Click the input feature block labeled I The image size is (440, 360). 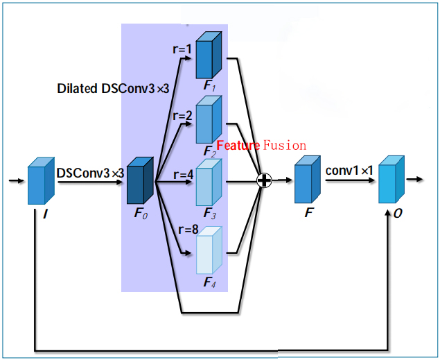pos(40,182)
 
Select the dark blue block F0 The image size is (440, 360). pos(139,181)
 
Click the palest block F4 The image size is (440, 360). pos(208,252)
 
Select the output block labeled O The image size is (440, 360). pos(390,180)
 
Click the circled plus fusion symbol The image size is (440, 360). pos(264,181)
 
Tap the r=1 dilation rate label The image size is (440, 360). pos(183,49)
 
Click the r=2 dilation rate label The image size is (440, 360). pos(183,116)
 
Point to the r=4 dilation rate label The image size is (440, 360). pos(183,175)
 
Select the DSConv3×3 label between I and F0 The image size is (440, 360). pos(89,172)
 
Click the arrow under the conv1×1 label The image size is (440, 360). pos(350,181)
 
